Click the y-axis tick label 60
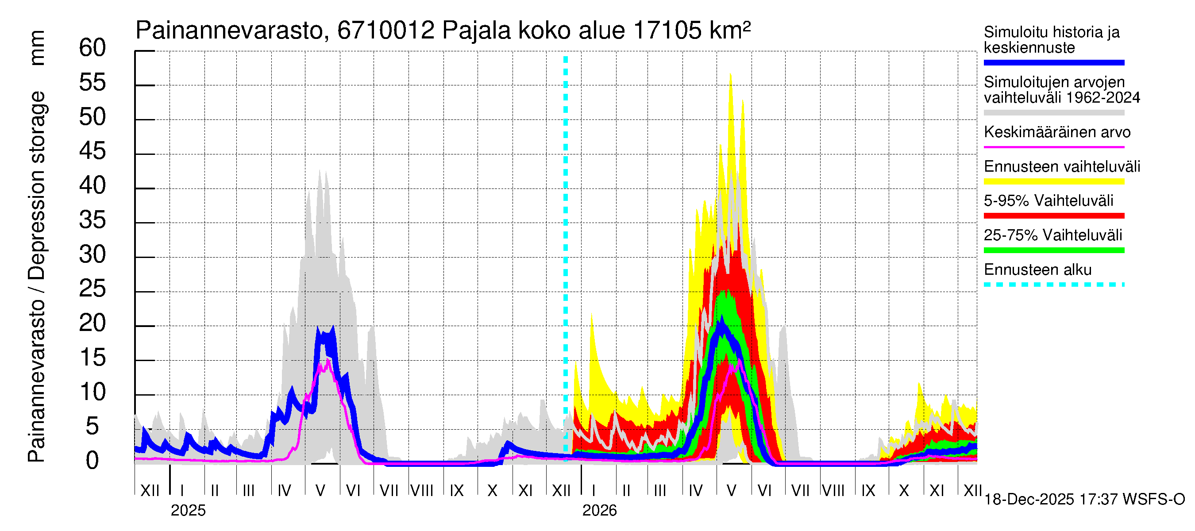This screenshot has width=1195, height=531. [x=93, y=48]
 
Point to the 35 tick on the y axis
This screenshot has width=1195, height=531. [x=93, y=220]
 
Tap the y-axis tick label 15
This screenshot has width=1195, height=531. [x=93, y=358]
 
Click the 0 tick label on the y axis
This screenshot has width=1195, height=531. [x=93, y=461]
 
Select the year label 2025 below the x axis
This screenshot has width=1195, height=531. [x=188, y=511]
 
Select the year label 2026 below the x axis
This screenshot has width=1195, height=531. [x=599, y=511]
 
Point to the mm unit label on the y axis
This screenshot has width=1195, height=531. [x=37, y=48]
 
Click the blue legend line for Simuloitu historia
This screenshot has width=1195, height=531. [x=1053, y=62]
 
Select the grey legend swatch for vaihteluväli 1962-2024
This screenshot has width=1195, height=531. [x=1053, y=113]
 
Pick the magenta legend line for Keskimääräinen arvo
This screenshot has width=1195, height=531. [x=1053, y=147]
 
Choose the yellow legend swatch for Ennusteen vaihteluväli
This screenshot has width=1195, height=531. [x=1053, y=181]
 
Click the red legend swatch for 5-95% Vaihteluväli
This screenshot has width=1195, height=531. [x=1053, y=215]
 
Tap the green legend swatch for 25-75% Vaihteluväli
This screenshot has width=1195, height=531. [x=1053, y=250]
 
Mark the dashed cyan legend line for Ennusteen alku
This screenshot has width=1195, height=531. [x=1053, y=285]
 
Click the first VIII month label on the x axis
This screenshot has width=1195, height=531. [x=422, y=491]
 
